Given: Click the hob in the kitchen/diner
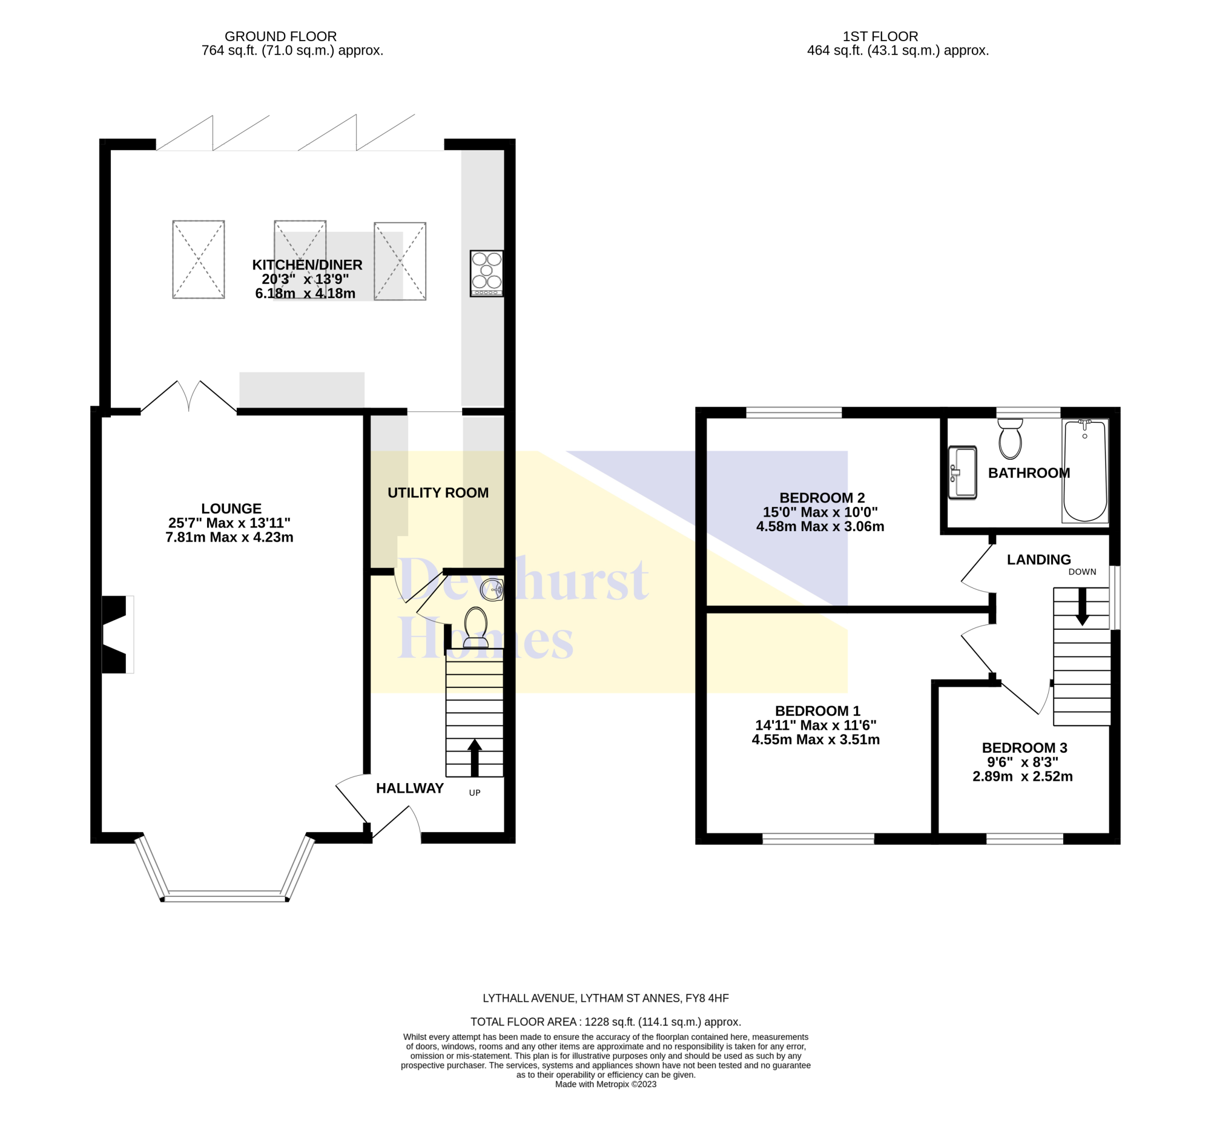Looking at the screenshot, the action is [486, 273].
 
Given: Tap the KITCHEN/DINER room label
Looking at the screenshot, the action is [308, 265].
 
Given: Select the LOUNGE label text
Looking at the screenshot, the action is [231, 509].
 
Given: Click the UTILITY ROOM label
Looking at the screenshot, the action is [438, 493].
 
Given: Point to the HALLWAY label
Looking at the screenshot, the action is [410, 788].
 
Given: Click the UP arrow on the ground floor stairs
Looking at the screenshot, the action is [474, 758].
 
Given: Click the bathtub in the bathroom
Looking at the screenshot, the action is [1085, 470].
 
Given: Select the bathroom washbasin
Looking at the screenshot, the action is [962, 472].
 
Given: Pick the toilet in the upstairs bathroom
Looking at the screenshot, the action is [1011, 438].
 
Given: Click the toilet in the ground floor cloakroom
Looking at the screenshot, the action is [475, 627].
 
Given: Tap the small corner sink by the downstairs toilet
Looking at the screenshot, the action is [492, 590].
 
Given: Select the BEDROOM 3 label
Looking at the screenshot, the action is [1025, 747].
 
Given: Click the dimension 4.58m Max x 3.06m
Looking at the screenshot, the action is [820, 526].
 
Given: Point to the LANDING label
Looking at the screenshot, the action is [1039, 559].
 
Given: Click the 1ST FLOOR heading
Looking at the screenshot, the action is [880, 36].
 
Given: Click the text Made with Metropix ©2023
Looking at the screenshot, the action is [605, 1083].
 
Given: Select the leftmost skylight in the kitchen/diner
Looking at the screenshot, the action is [198, 259].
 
